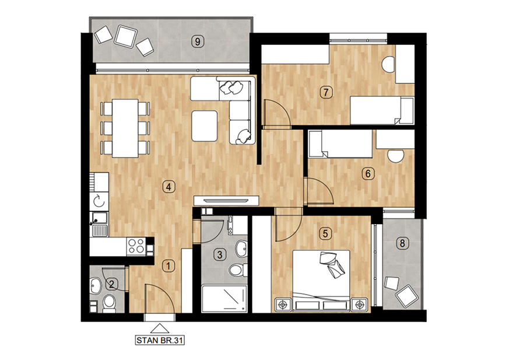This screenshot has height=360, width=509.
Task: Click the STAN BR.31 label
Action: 160,341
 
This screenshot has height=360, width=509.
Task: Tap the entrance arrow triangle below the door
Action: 160,328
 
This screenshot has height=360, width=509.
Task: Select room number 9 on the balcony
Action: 198,41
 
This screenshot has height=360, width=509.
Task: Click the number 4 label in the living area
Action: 169,187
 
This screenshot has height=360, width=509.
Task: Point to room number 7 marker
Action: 326,92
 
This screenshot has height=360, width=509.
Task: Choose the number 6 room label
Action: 368,173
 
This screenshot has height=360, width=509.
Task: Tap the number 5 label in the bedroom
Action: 325,233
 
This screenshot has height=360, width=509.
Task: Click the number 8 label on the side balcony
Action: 402,243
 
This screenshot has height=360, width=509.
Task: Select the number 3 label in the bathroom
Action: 220,254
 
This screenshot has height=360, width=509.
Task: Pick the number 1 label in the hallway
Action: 168,266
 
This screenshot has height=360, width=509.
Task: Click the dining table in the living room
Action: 125,128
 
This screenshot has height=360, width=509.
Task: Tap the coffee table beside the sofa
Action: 205,126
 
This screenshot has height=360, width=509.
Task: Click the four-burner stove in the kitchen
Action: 136,246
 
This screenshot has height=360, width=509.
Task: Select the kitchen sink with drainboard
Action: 99,224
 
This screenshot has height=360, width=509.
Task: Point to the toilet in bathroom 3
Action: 237,270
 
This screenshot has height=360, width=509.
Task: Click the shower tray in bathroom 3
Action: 224,299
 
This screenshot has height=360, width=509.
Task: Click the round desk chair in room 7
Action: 388,64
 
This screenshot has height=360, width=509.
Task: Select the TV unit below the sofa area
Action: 226,201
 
